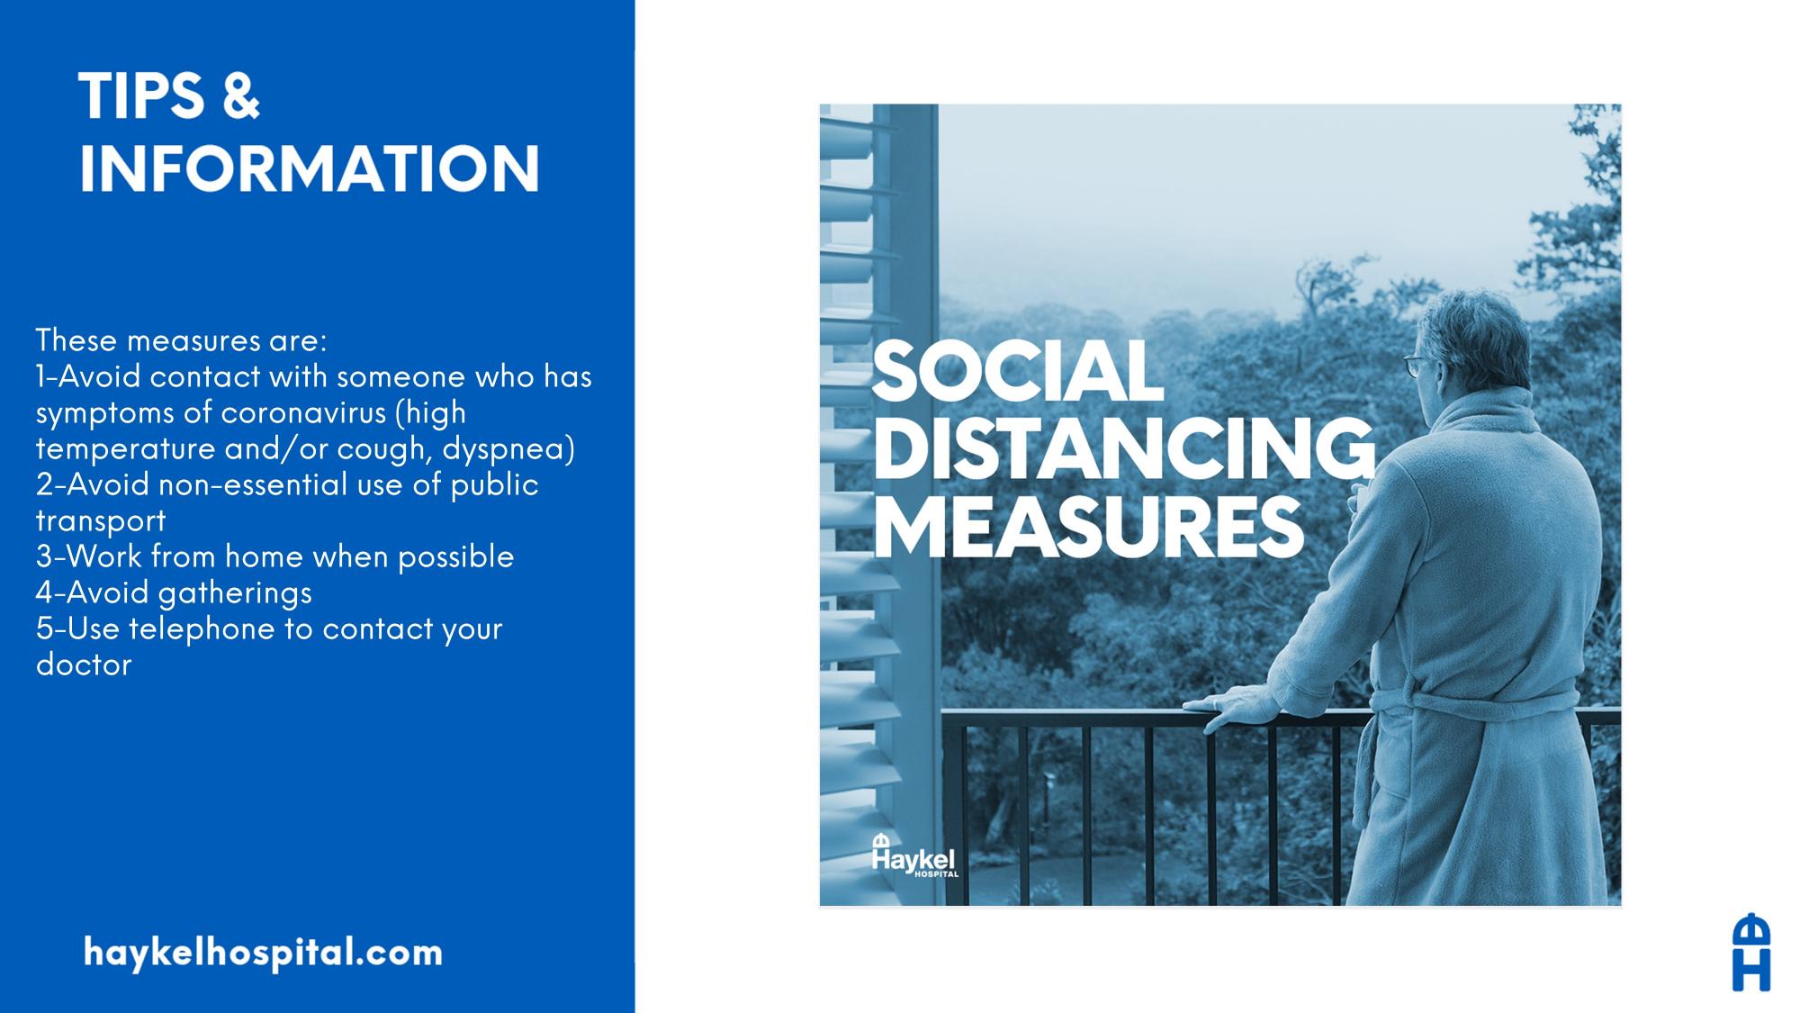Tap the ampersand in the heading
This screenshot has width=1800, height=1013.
click(239, 96)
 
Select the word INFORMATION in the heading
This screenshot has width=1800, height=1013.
click(310, 167)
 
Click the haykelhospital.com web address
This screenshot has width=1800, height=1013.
click(263, 953)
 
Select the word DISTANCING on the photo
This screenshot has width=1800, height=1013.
click(1124, 449)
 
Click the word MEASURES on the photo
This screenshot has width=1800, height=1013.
click(1088, 528)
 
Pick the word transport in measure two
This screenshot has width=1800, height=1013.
click(101, 521)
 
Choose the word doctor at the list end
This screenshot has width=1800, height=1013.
click(84, 665)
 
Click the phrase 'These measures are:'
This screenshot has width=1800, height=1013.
click(182, 340)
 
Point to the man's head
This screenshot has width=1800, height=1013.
click(1462, 342)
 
